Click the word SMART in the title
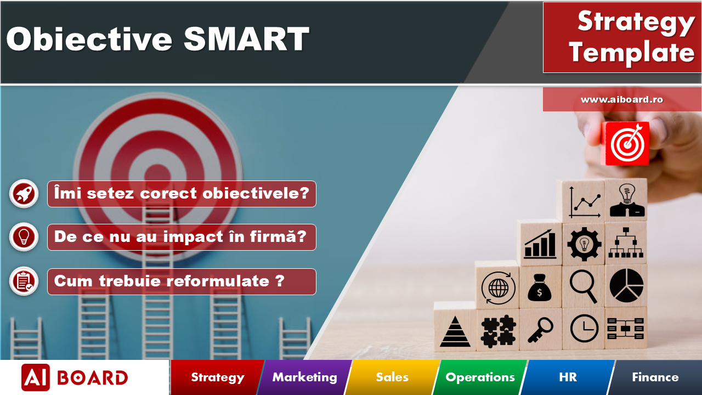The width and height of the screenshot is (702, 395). (246, 39)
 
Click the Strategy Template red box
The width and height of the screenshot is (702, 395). (622, 37)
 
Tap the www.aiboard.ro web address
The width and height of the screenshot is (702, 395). (622, 99)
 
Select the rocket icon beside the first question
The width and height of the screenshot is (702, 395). (24, 194)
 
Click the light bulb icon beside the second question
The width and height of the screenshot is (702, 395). (24, 237)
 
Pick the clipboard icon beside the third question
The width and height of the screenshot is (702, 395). (24, 281)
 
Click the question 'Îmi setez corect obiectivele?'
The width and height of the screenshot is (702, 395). (182, 194)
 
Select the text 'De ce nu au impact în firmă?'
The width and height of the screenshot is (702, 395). (182, 237)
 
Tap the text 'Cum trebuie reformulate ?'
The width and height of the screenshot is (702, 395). (182, 281)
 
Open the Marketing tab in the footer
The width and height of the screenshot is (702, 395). (304, 377)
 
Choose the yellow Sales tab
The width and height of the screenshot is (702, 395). (392, 377)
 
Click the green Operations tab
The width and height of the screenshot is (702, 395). (480, 377)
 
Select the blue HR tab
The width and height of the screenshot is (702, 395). (568, 377)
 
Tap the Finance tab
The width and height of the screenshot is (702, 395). (655, 377)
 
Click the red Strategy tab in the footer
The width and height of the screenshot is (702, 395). (217, 377)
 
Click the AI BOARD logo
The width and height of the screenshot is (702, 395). (75, 377)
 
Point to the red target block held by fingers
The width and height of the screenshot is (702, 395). (626, 144)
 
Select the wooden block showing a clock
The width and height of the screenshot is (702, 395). (584, 329)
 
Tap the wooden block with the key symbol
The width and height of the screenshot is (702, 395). (540, 330)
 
